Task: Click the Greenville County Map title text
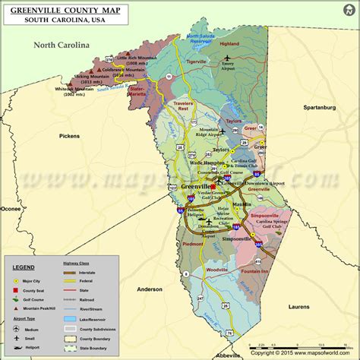point(65,10)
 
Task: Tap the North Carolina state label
point(62,46)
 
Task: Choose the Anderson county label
point(150,289)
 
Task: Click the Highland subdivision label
point(229,44)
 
